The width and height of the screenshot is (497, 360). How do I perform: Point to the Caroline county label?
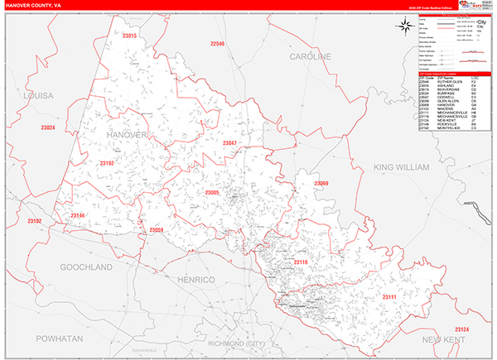[x=310, y=56]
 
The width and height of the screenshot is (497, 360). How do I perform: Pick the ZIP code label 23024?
[x=47, y=127]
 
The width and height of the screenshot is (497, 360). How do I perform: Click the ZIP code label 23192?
[x=106, y=163]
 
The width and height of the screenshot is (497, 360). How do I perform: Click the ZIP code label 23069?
[x=321, y=183]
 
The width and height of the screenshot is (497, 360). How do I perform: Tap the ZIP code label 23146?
[x=78, y=215]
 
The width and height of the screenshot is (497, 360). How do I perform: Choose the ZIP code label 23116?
[x=300, y=262]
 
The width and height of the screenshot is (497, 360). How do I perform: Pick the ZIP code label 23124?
[x=461, y=329]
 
